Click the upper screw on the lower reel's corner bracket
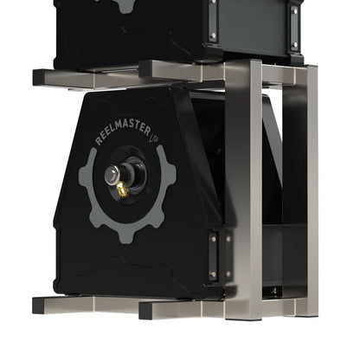211,240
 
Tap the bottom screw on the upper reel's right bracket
295,45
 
